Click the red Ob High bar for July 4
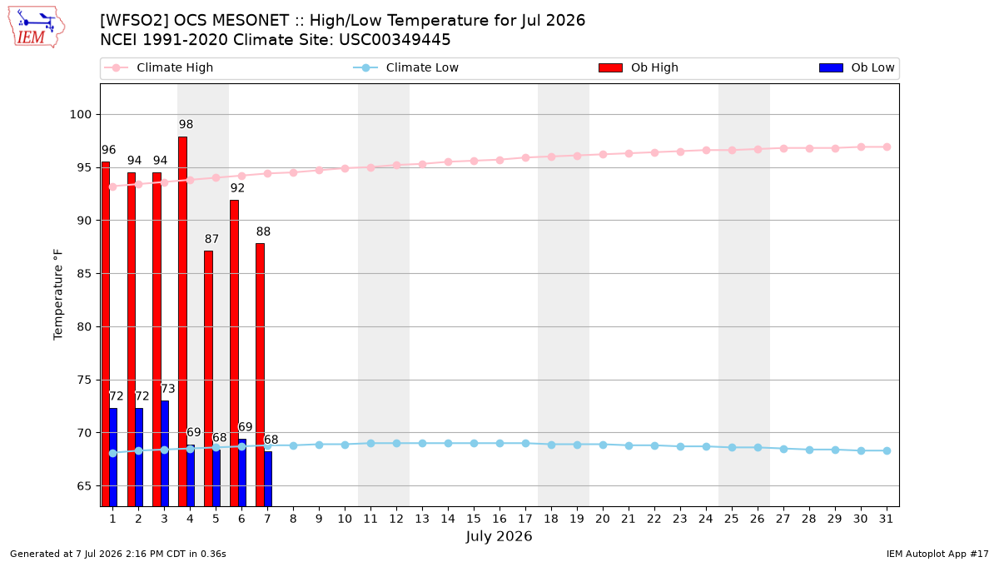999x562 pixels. (182, 321)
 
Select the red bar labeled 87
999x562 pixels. (208, 379)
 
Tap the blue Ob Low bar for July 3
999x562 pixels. (165, 454)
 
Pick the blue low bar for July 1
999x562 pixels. (113, 457)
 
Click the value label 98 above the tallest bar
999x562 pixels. (186, 124)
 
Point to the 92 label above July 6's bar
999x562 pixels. (237, 188)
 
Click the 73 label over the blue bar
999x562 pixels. (167, 389)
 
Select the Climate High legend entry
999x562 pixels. (158, 67)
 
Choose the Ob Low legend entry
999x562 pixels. (857, 67)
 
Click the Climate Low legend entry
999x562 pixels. (406, 67)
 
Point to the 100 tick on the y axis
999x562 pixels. (80, 115)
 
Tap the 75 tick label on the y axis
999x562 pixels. (84, 380)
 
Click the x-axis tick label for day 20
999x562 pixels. (603, 520)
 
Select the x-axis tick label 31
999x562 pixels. (886, 520)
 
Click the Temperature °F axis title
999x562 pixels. (58, 295)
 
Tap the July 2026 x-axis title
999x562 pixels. (499, 536)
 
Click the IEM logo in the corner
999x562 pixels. (36, 27)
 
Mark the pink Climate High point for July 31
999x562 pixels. (887, 147)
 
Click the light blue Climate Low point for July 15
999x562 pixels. (474, 443)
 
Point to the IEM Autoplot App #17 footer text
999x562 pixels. (937, 554)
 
